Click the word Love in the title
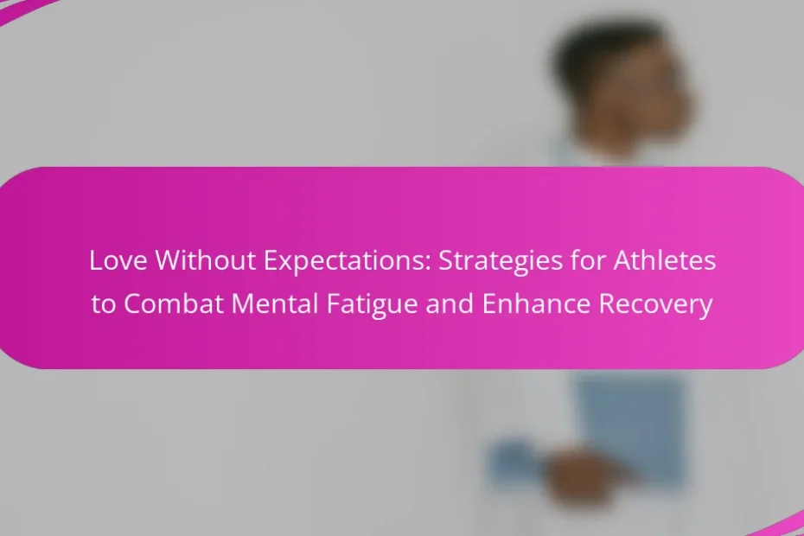[x=118, y=260]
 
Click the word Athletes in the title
[x=665, y=260]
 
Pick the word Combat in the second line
[x=173, y=303]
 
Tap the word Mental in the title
[x=275, y=303]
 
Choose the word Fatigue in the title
[x=372, y=304]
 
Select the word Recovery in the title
[x=656, y=304]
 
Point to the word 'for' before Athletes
[x=588, y=260]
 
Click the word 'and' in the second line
[x=450, y=303]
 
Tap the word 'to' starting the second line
[x=104, y=303]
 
